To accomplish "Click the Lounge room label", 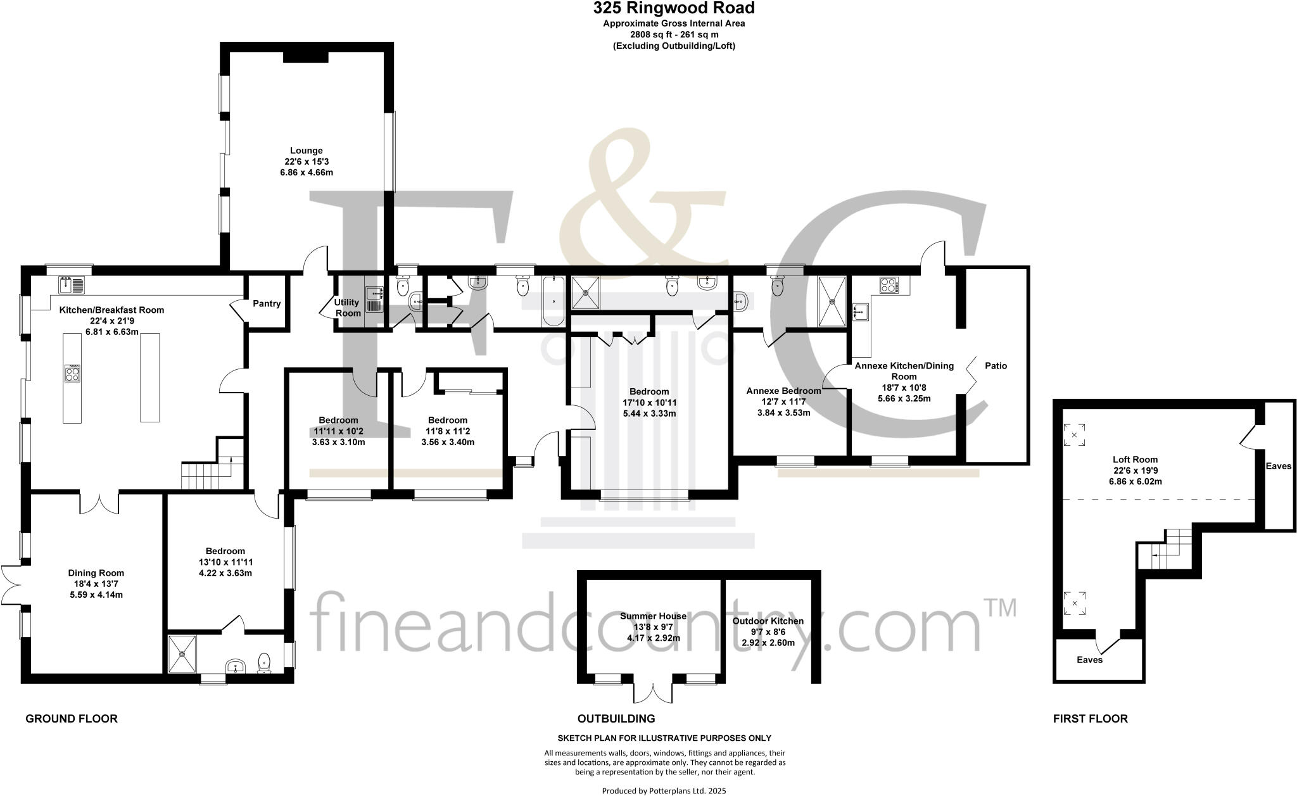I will (x=307, y=151).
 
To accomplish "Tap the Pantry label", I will (x=267, y=303).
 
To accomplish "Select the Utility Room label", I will (x=347, y=308).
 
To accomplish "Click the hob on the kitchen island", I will (x=72, y=373).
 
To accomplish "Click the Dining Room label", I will (x=96, y=573).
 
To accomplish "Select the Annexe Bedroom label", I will (x=783, y=391).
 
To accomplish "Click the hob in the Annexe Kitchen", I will (x=889, y=285).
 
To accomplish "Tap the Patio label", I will (x=996, y=365).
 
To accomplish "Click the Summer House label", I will (x=653, y=616).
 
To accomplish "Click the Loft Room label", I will (x=1135, y=460).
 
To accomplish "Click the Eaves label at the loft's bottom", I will (x=1089, y=659).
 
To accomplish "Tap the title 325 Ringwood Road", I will (x=674, y=8).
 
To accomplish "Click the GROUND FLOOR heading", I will (x=72, y=718).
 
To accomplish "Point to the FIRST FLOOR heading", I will (x=1090, y=718).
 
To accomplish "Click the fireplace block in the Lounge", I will (x=305, y=57).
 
